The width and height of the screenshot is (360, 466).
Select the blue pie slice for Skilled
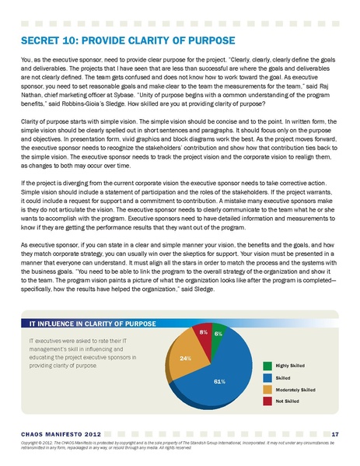225,374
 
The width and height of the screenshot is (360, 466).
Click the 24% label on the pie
185,359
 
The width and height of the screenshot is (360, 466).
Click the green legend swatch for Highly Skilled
267,364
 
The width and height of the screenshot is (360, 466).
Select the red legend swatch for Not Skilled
267,400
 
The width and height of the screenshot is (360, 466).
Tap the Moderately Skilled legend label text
295,388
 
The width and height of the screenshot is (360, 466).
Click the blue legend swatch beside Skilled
267,376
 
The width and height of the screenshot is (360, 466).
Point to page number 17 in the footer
334,433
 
